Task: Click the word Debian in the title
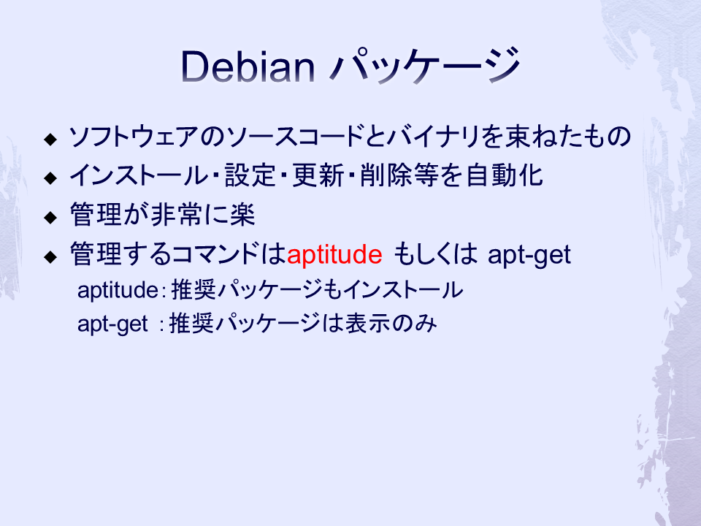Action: click(248, 66)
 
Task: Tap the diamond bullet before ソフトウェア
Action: click(50, 139)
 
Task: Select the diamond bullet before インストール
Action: click(50, 178)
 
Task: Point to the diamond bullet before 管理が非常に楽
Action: click(50, 218)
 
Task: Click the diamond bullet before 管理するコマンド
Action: click(50, 256)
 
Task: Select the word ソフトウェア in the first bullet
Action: click(133, 137)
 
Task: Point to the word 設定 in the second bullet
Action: click(250, 175)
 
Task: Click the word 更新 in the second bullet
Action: click(318, 175)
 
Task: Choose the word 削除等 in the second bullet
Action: click(399, 175)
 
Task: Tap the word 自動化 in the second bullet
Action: click(505, 175)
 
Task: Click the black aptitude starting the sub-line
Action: click(118, 290)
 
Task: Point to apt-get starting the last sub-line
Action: click(112, 324)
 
